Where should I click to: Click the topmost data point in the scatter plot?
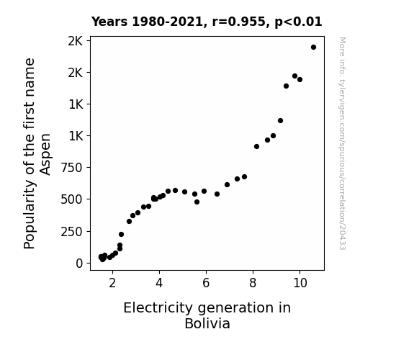(313, 48)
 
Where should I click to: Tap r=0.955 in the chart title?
(238, 22)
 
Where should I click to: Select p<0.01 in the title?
(298, 22)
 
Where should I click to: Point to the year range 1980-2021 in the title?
(167, 22)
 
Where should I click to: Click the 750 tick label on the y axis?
(72, 168)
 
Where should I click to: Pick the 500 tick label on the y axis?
(72, 199)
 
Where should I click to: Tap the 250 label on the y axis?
(72, 232)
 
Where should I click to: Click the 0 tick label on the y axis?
(79, 264)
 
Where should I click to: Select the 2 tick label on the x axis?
(112, 283)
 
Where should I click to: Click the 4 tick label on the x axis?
(159, 283)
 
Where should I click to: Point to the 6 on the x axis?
(206, 283)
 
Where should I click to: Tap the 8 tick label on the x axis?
(253, 283)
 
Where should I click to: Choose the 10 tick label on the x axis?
(300, 283)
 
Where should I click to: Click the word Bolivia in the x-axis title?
(207, 323)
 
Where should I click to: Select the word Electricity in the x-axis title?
(158, 308)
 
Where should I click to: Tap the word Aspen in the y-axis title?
(45, 154)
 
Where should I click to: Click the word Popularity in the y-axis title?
(30, 215)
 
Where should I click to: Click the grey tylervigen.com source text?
(342, 143)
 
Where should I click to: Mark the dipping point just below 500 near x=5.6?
(197, 202)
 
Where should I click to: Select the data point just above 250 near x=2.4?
(121, 234)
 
